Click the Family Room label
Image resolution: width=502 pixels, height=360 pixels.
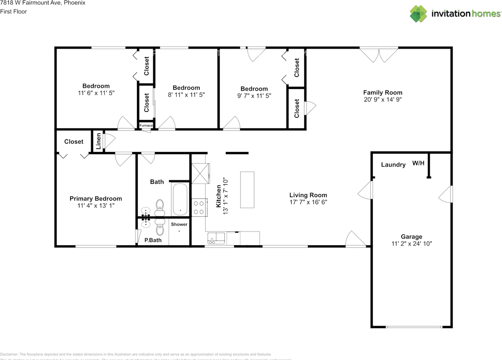pyautogui.click(x=382, y=93)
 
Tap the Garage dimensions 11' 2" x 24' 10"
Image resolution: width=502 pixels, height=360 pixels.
pyautogui.click(x=411, y=244)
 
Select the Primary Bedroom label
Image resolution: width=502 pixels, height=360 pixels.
pyautogui.click(x=96, y=198)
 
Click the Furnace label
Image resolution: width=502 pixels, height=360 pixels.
pyautogui.click(x=146, y=125)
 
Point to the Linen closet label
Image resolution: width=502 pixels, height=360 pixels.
pyautogui.click(x=98, y=141)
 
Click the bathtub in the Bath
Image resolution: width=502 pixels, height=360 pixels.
pyautogui.click(x=180, y=200)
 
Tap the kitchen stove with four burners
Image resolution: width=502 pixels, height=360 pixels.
pyautogui.click(x=199, y=207)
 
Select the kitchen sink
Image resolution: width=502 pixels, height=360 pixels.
pyautogui.click(x=216, y=238)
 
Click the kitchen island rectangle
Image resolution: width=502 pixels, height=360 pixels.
pyautogui.click(x=247, y=190)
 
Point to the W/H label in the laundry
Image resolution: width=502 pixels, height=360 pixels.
pyautogui.click(x=418, y=163)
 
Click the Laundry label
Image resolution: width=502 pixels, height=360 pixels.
pyautogui.click(x=393, y=165)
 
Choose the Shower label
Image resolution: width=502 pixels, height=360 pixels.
pyautogui.click(x=179, y=224)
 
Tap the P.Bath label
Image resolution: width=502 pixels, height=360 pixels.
pyautogui.click(x=153, y=240)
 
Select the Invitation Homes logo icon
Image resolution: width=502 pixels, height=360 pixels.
pyautogui.click(x=418, y=14)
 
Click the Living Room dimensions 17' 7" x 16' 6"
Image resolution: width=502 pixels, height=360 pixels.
pyautogui.click(x=308, y=202)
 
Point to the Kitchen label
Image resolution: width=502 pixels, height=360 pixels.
pyautogui.click(x=218, y=196)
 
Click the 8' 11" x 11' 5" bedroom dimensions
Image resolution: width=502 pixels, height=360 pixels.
pyautogui.click(x=186, y=95)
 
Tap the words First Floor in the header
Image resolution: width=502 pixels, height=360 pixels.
pyautogui.click(x=13, y=11)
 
